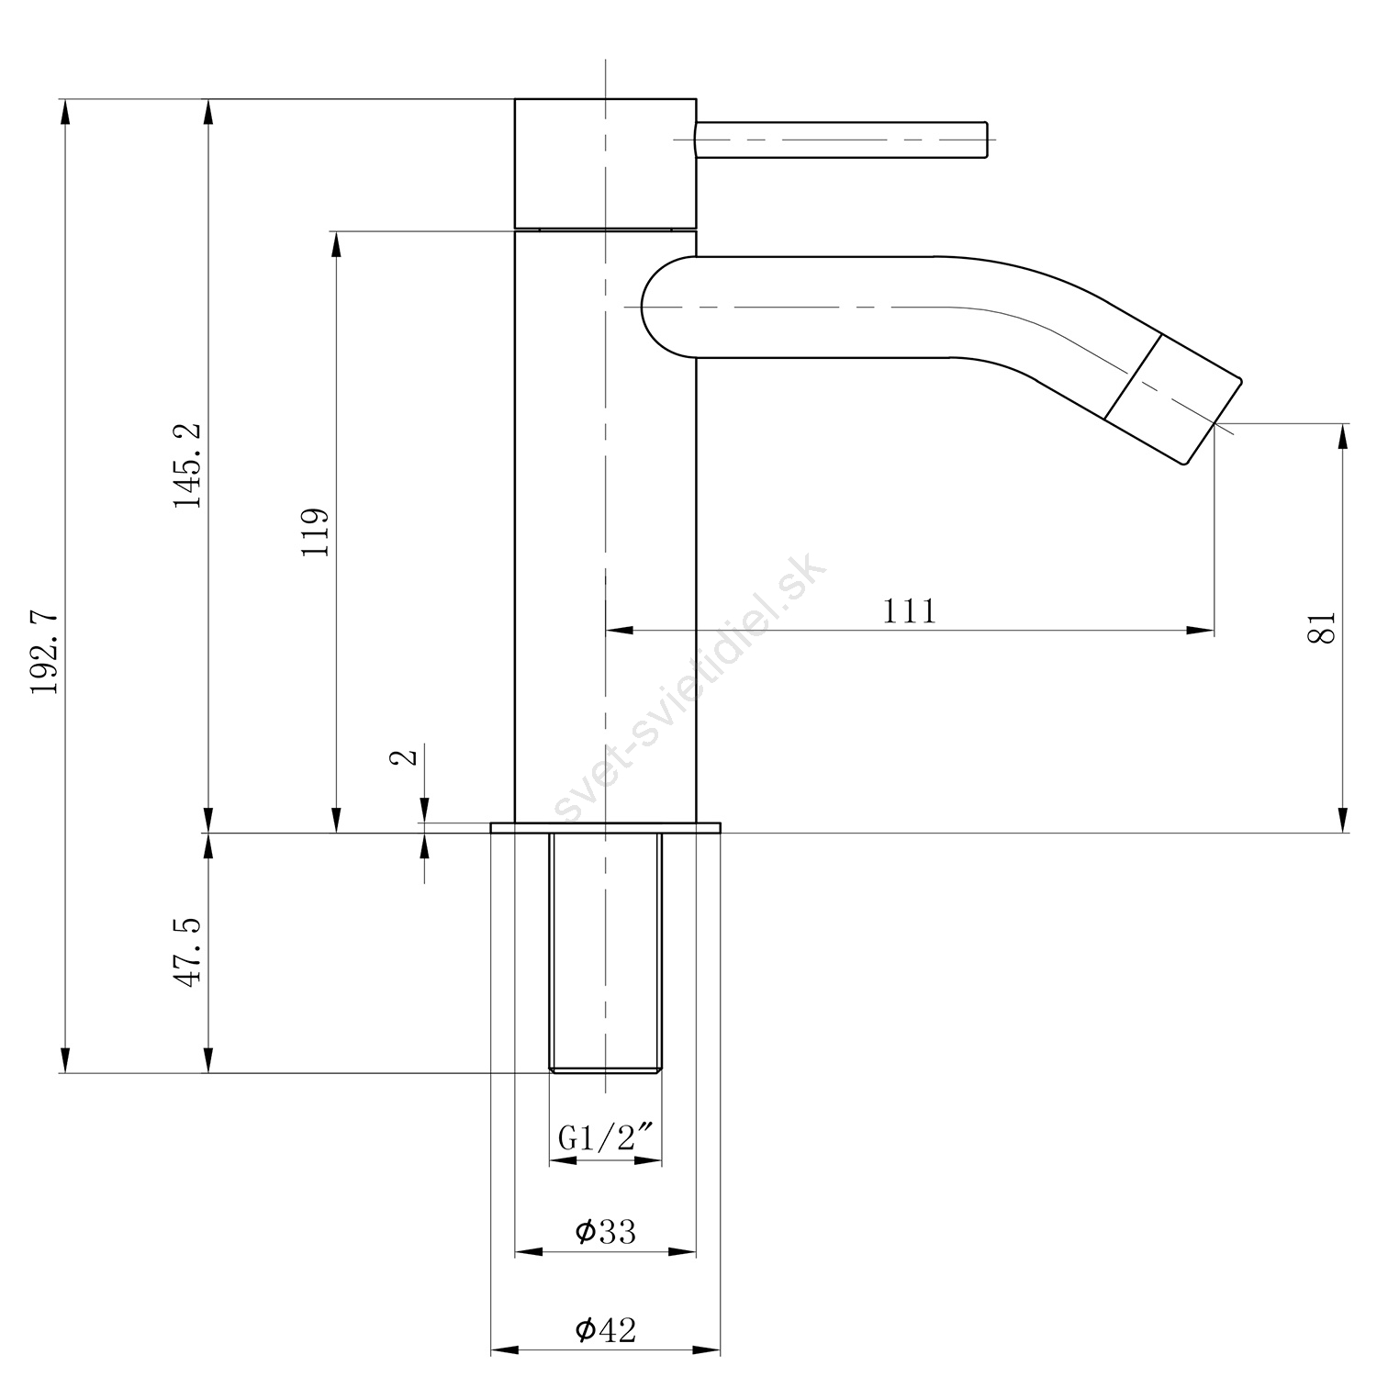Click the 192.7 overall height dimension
[x=45, y=653]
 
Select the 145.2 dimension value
[x=188, y=465]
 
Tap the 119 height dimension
[x=314, y=532]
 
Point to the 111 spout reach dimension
[x=910, y=610]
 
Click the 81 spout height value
[x=1322, y=628]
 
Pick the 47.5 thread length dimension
[x=188, y=951]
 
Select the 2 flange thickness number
[x=404, y=756]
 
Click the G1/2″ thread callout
[x=606, y=1138]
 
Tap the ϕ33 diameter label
[x=605, y=1231]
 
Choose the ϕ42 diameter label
[x=605, y=1328]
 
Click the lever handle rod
[x=841, y=140]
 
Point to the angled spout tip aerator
[x=1173, y=399]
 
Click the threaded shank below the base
[x=605, y=952]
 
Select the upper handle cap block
[x=605, y=162]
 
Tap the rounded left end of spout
[x=667, y=306]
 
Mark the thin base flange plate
[x=606, y=827]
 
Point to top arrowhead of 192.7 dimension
[x=64, y=112]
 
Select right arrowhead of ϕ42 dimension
[x=707, y=1350]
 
